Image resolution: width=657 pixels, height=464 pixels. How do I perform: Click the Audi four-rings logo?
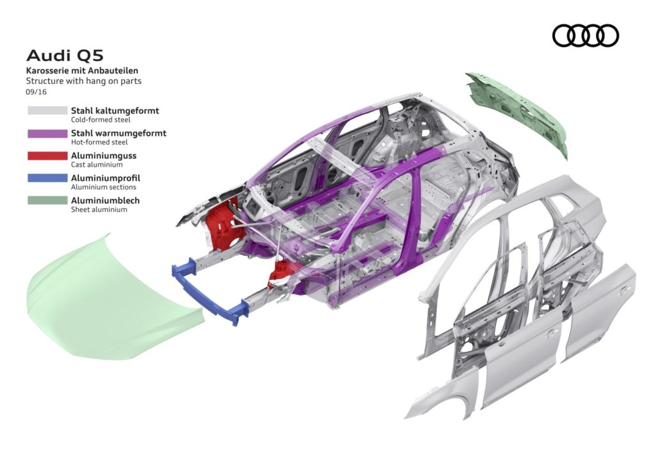(585, 35)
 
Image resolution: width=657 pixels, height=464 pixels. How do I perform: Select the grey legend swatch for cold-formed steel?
(47, 111)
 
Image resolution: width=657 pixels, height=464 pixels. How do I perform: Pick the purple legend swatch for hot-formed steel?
(47, 133)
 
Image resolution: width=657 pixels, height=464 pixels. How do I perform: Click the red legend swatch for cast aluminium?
(47, 156)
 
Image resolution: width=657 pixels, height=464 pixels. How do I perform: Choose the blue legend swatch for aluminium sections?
(47, 178)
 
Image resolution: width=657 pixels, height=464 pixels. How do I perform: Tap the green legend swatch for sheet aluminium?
(47, 201)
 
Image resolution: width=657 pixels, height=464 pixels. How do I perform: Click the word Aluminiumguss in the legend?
(103, 155)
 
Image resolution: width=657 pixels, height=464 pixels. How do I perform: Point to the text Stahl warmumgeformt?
(118, 133)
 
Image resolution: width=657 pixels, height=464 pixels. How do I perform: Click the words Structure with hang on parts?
(83, 81)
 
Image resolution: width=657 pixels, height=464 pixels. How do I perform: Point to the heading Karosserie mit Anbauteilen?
(82, 70)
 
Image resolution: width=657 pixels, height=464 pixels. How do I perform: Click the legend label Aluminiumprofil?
(105, 178)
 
